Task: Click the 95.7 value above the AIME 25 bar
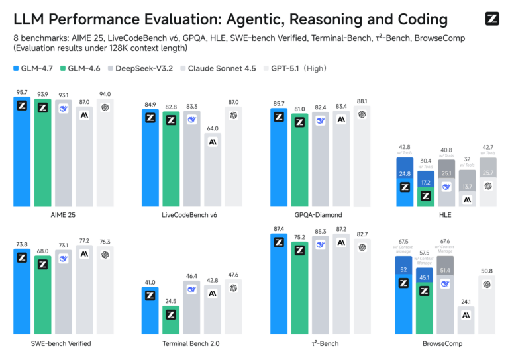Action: click(22, 92)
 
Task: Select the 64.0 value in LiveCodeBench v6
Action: click(212, 128)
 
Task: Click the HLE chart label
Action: click(444, 215)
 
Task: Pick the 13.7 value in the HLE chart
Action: click(467, 187)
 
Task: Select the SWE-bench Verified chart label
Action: click(62, 344)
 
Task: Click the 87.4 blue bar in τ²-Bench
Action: click(279, 285)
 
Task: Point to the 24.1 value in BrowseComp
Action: click(467, 302)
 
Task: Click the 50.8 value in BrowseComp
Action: click(487, 271)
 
